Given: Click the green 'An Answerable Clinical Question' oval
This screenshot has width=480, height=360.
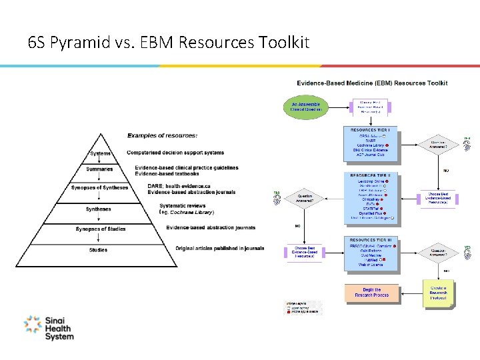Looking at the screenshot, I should [x=306, y=107].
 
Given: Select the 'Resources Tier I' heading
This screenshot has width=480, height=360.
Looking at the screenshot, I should [x=370, y=129].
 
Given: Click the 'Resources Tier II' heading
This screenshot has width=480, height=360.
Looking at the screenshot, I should [x=370, y=175].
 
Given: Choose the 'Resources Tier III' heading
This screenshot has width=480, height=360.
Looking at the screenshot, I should [x=370, y=239].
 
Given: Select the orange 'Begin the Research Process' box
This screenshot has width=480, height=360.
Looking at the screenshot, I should [x=372, y=292].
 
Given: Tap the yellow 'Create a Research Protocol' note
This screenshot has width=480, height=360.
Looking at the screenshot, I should [x=439, y=293].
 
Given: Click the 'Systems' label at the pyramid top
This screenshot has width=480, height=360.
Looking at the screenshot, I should [x=101, y=154].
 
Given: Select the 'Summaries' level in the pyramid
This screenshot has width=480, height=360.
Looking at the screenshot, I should [x=99, y=169].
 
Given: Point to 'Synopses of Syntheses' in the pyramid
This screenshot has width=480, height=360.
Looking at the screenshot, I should [x=99, y=188].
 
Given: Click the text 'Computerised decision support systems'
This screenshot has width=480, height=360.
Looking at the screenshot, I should [x=175, y=152].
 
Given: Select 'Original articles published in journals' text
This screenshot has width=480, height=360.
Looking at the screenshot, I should [x=219, y=249].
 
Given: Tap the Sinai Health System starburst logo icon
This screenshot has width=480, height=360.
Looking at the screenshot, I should [x=32, y=325].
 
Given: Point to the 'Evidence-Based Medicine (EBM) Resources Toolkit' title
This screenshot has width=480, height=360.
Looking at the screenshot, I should [x=372, y=83].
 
